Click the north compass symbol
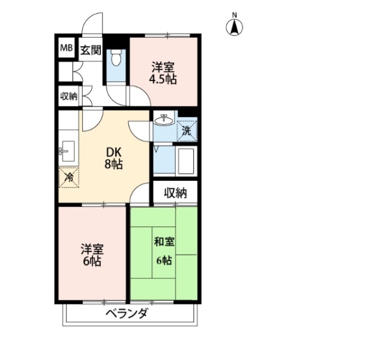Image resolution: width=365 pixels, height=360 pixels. click(x=234, y=27)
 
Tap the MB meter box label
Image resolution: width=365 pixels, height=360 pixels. click(x=66, y=48)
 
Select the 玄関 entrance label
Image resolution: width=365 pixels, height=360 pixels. click(x=91, y=50)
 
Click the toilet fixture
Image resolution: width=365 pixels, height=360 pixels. click(x=116, y=58)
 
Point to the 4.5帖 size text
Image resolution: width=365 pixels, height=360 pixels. click(x=162, y=79)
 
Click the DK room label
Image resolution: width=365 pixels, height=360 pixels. click(x=114, y=152)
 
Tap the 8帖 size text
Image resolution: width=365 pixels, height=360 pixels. click(x=114, y=164)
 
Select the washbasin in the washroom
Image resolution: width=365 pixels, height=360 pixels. click(x=164, y=120)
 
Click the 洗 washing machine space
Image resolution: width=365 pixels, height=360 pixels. click(x=187, y=131)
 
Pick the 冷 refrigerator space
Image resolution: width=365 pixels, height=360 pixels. click(x=69, y=177)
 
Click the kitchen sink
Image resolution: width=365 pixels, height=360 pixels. click(x=67, y=151)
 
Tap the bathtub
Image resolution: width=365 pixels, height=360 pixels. click(x=186, y=161)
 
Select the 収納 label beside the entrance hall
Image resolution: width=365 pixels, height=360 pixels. click(x=69, y=96)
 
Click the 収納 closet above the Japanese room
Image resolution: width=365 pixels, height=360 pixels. click(x=176, y=193)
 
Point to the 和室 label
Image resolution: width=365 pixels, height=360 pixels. click(x=164, y=242)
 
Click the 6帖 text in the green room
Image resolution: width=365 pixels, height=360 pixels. click(x=164, y=260)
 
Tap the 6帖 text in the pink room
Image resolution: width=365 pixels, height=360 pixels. click(x=92, y=261)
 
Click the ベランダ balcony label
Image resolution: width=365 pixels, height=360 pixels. click(x=127, y=313)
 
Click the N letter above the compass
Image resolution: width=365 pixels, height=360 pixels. click(x=234, y=16)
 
